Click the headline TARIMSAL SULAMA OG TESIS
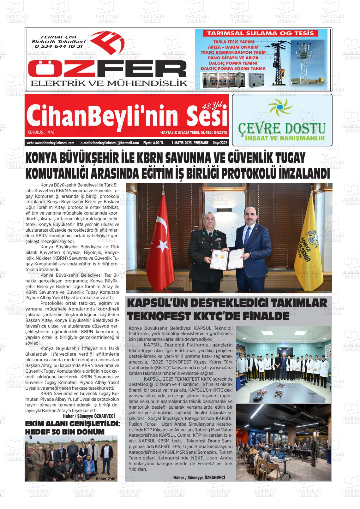[260, 33]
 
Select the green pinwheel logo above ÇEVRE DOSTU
[279, 109]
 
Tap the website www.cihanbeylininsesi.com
[51, 143]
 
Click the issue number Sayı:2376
[220, 143]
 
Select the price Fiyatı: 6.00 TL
[153, 143]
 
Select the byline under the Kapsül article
[199, 477]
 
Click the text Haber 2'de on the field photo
[106, 478]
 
